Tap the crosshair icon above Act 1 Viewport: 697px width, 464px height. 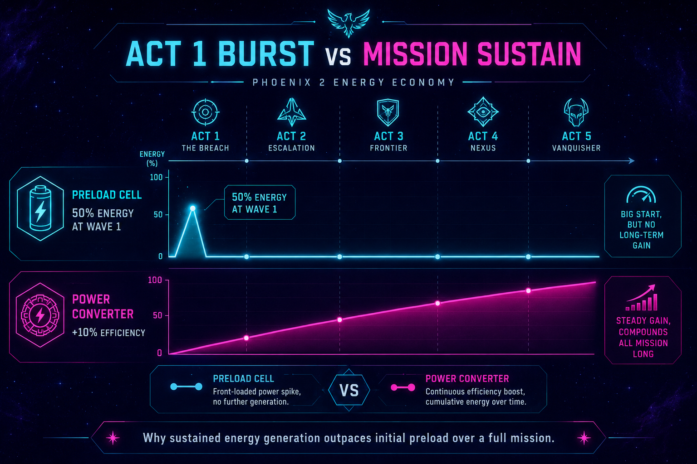(x=206, y=112)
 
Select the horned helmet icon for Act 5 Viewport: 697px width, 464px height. (x=576, y=112)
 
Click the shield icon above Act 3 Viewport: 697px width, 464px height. (x=388, y=112)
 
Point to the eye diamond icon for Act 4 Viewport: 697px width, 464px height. (x=483, y=112)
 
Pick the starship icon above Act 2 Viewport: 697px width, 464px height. (x=292, y=112)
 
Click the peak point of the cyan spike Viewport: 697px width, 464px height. (x=192, y=208)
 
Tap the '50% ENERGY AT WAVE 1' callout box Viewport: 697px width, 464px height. (x=260, y=202)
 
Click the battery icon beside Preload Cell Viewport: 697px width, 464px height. (x=40, y=208)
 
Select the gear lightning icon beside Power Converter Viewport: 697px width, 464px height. (x=40, y=315)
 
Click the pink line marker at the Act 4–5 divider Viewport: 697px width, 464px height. (x=528, y=290)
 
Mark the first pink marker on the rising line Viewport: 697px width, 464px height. (x=246, y=338)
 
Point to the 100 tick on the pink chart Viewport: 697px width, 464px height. (x=155, y=280)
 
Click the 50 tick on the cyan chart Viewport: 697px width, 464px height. (x=158, y=214)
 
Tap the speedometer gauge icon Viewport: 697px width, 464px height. (x=641, y=194)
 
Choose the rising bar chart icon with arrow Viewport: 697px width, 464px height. (x=641, y=298)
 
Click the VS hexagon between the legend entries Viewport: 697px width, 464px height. (x=349, y=390)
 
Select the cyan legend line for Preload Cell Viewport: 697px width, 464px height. (x=186, y=387)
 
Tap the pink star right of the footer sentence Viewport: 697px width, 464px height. (x=584, y=438)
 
